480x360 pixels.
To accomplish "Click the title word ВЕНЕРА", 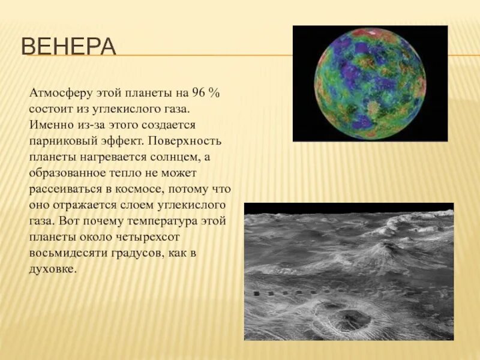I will tap(68, 47).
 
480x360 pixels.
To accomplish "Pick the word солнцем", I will tap(172, 157).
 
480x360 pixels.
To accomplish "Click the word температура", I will tap(161, 221).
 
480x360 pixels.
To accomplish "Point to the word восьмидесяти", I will tap(67, 253).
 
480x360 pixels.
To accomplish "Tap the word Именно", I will tap(47, 125).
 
